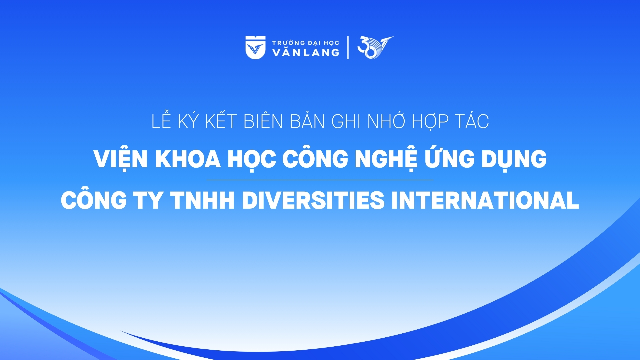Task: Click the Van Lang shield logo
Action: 255,47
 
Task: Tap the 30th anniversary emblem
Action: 375,47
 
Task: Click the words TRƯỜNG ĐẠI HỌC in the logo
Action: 305,43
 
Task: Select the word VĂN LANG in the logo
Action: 305,52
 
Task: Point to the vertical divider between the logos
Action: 348,48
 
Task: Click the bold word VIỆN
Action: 121,159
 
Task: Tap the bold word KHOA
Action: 188,159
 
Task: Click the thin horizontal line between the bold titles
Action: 320,180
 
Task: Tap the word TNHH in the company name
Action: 203,200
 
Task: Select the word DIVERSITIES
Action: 313,200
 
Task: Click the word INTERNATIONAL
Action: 485,200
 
